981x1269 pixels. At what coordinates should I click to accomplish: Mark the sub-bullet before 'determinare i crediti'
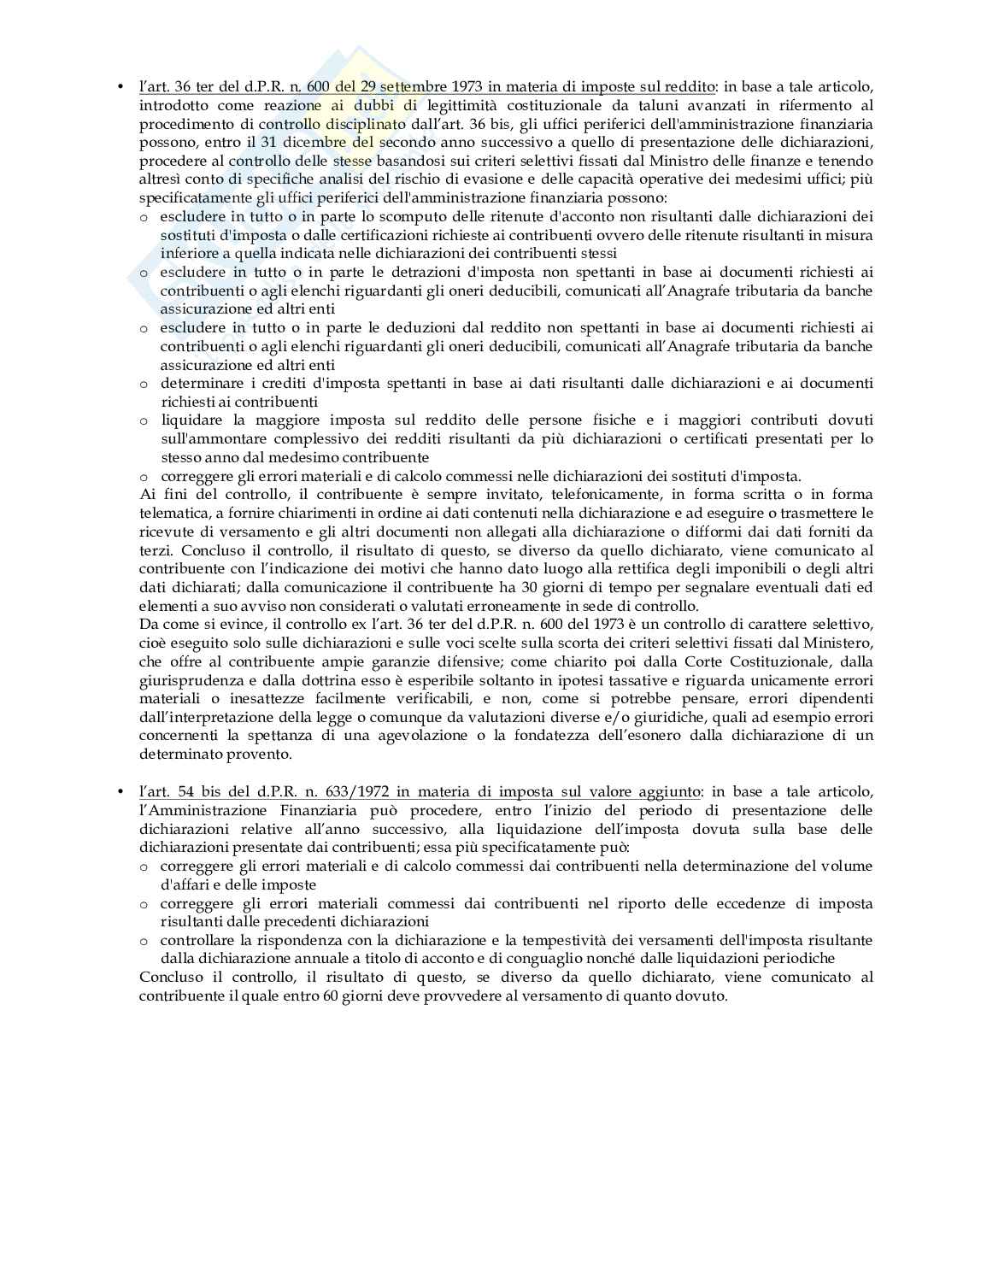click(144, 384)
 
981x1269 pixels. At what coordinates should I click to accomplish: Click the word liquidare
click(191, 420)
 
